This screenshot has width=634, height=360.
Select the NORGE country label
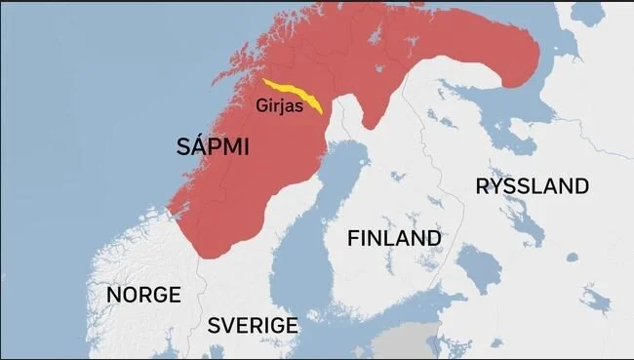point(143,295)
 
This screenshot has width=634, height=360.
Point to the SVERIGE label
point(253,325)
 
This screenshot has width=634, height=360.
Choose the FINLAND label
point(394,238)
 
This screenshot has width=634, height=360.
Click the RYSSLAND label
point(532,186)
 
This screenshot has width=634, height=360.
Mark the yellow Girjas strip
point(293,92)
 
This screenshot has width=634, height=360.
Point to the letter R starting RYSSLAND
point(482,186)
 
